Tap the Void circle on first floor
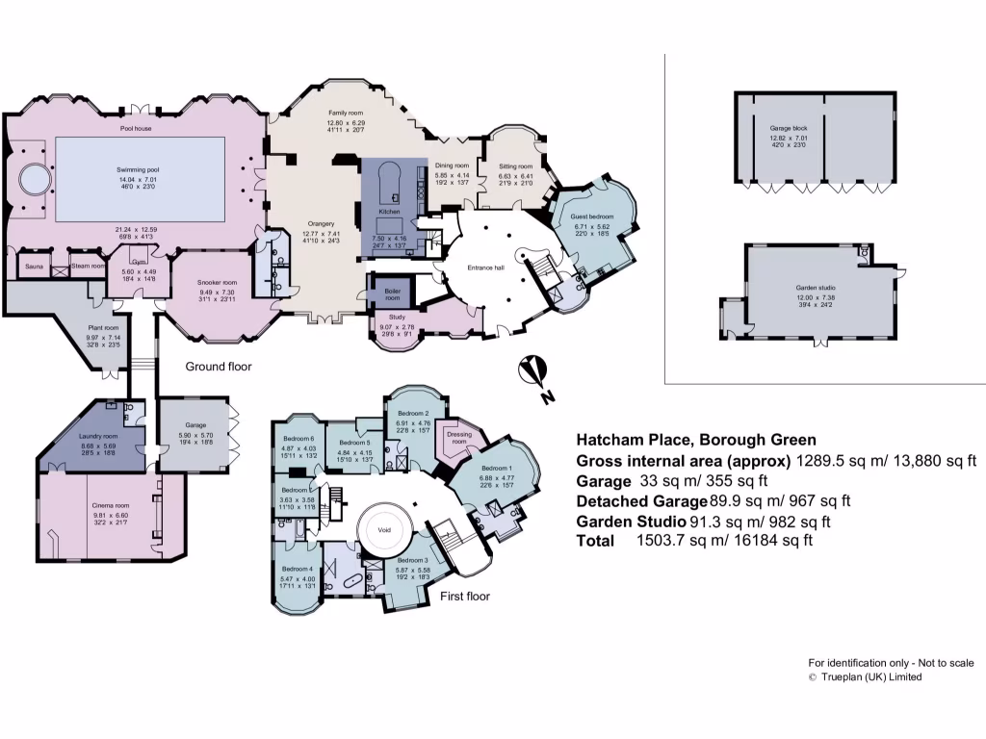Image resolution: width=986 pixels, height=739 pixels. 386,528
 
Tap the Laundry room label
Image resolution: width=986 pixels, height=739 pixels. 97,436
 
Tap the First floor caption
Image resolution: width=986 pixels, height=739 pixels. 465,597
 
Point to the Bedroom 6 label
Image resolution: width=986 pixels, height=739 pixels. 298,439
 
